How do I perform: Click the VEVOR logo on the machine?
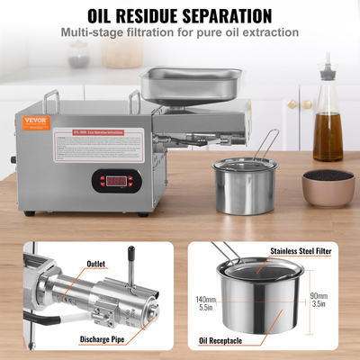point(27,122)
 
